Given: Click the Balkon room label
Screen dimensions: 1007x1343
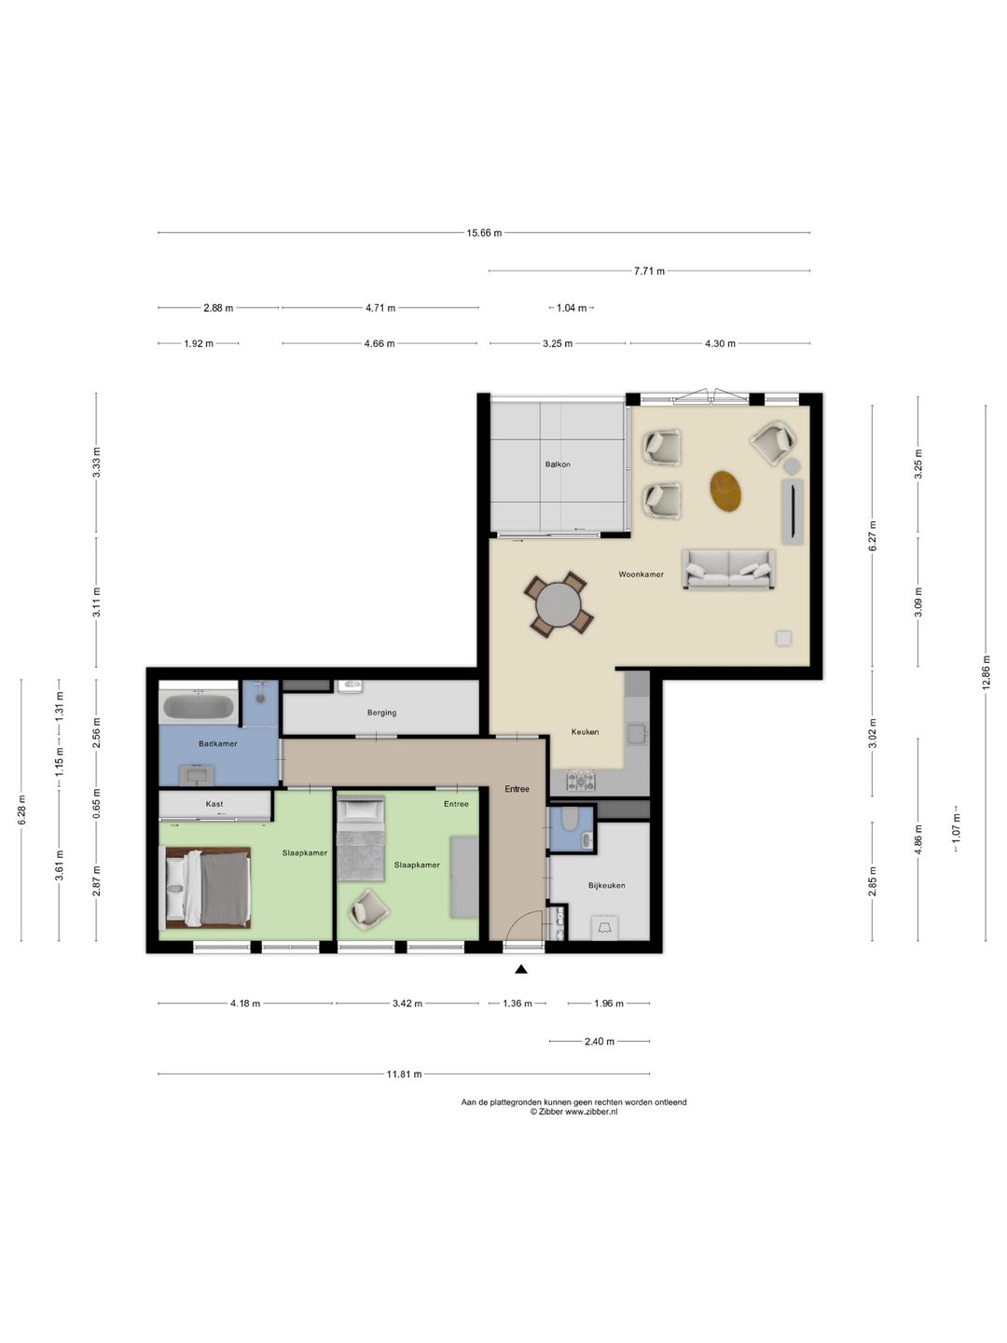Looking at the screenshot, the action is click(x=558, y=464).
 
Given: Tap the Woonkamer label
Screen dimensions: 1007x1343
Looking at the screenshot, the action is click(x=641, y=575).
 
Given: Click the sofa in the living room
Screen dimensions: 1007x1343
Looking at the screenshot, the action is click(x=729, y=569).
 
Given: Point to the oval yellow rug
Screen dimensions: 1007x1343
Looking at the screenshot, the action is click(x=726, y=490).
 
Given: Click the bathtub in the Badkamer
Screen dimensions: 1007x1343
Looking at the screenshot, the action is click(x=197, y=708).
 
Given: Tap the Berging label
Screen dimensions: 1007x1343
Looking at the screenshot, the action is click(x=381, y=713).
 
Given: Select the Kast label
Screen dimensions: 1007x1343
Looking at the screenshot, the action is click(x=214, y=804).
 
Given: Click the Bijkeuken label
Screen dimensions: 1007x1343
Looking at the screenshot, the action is click(x=606, y=885).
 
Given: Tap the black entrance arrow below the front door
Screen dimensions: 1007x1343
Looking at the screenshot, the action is click(x=521, y=969).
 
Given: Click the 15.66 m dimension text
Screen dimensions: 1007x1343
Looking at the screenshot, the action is click(x=484, y=232).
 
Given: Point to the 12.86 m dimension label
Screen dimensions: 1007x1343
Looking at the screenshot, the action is click(x=986, y=672).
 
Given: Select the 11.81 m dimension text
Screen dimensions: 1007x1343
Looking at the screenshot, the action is click(x=404, y=1073).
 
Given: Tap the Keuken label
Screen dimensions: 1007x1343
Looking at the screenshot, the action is click(x=585, y=732).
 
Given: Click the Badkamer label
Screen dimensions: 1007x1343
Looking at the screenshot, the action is click(x=217, y=743).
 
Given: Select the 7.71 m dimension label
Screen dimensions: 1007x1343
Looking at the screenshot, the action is click(x=649, y=271).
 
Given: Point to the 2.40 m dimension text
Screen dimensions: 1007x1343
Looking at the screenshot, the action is click(x=600, y=1042).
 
